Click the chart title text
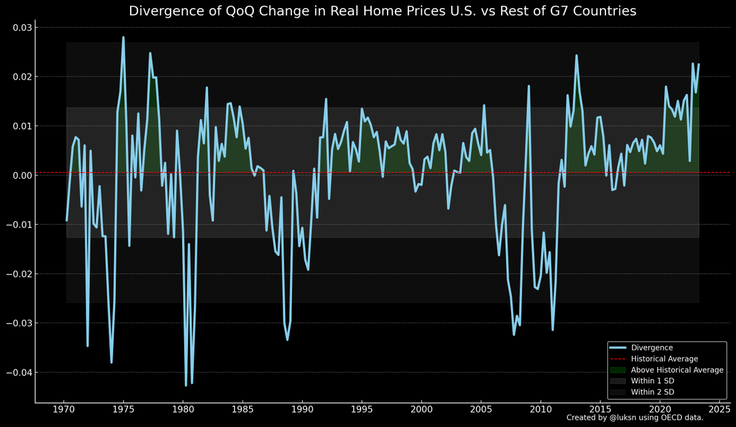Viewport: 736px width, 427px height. click(382, 11)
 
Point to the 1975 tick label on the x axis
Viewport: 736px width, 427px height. click(123, 409)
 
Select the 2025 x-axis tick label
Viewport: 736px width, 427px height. click(719, 409)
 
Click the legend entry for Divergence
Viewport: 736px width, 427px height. click(648, 347)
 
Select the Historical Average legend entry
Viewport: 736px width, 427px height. click(664, 359)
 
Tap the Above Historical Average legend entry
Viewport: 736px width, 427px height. click(677, 370)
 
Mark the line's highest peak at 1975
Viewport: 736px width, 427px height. click(123, 37)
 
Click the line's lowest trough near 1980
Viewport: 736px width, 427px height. click(186, 385)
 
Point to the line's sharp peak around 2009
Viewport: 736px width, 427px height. click(529, 86)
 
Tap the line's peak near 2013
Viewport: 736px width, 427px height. click(577, 55)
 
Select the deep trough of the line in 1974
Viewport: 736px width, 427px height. click(112, 362)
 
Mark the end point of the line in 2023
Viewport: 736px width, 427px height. click(699, 64)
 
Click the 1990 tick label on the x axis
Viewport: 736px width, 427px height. click(302, 409)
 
